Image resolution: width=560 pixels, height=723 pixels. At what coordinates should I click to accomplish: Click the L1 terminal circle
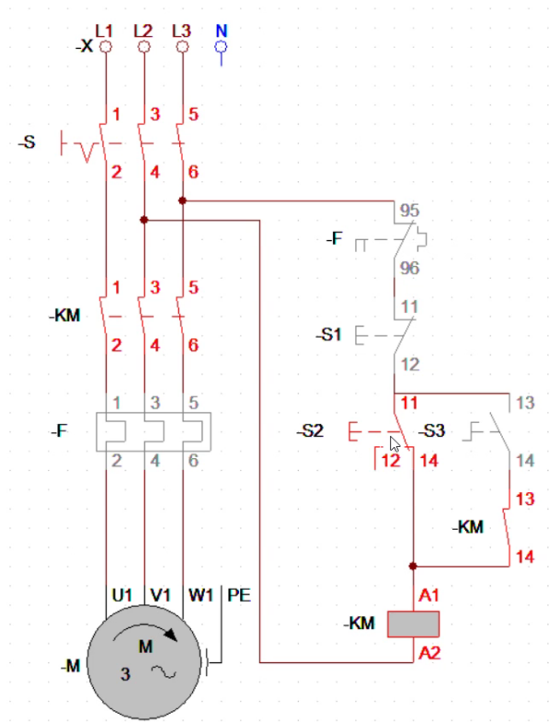(106, 47)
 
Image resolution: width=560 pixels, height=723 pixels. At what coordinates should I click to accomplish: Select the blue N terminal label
(222, 30)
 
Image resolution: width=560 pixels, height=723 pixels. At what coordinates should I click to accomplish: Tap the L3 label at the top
(181, 30)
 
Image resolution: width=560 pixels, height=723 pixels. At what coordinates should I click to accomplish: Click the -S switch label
(27, 142)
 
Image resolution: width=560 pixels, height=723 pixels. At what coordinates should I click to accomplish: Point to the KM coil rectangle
(413, 624)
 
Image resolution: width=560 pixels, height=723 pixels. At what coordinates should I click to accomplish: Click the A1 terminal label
(429, 595)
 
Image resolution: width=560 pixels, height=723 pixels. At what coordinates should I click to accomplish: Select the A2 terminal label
(429, 653)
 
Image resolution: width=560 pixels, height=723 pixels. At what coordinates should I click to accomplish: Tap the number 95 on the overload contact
(410, 211)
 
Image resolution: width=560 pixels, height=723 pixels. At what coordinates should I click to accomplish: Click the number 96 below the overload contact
(410, 268)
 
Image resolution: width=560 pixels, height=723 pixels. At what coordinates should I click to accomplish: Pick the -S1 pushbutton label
(328, 335)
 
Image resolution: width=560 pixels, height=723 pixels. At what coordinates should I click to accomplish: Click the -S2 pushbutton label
(310, 431)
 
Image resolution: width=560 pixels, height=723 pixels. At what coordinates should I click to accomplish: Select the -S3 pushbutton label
(432, 431)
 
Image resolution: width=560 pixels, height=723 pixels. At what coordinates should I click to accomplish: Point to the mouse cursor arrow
(394, 444)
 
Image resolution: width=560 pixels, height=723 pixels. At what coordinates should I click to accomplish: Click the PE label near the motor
(239, 595)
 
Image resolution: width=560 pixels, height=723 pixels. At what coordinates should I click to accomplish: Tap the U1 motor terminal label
(121, 595)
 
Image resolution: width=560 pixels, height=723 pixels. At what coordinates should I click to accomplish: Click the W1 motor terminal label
(200, 595)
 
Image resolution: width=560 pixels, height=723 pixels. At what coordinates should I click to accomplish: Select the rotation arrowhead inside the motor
(171, 635)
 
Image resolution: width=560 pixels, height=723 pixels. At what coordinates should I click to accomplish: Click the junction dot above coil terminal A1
(413, 566)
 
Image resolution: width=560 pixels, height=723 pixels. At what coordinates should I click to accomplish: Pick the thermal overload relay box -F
(154, 431)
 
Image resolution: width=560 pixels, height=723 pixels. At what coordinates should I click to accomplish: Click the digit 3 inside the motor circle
(125, 674)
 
